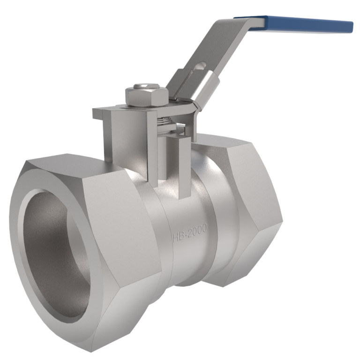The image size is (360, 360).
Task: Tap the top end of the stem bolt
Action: [x=146, y=87]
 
